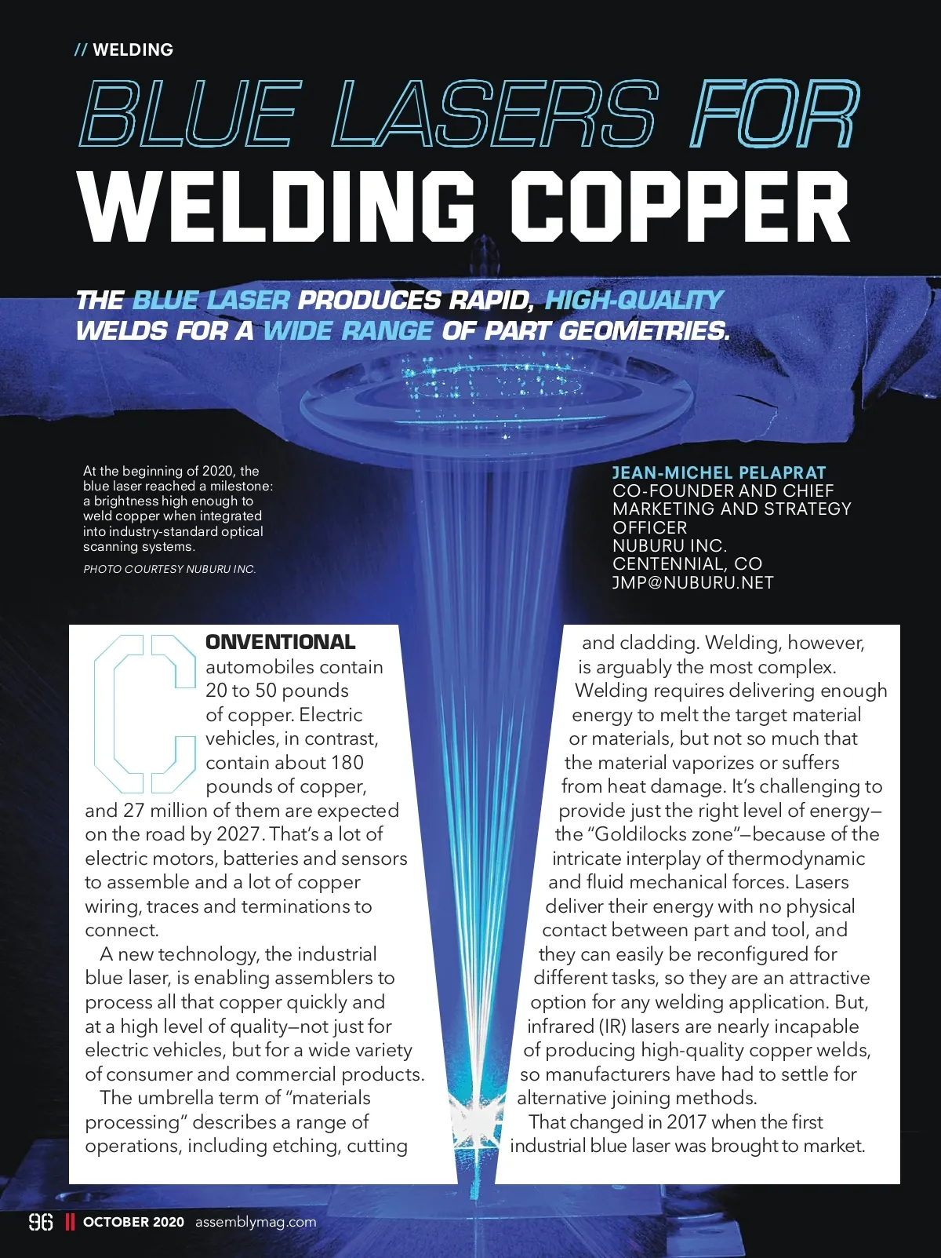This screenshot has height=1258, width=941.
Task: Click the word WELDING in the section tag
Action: click(133, 49)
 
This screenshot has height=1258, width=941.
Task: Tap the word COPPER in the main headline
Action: click(680, 208)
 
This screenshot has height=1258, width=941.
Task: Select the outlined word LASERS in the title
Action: click(495, 115)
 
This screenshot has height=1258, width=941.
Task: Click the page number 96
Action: click(41, 1222)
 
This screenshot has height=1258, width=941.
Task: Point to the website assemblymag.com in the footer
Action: click(256, 1222)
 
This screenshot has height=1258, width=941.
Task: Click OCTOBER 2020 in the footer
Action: click(133, 1222)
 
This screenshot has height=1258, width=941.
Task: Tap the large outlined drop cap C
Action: click(144, 713)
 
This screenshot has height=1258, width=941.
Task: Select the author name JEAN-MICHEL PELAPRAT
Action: click(718, 472)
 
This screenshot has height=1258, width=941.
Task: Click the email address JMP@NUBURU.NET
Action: click(692, 582)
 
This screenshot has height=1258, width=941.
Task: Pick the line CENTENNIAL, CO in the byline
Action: click(687, 563)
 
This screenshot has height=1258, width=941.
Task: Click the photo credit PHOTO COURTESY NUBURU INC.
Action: click(169, 569)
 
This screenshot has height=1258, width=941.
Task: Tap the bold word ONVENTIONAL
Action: click(280, 642)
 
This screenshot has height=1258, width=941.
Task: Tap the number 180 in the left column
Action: click(347, 763)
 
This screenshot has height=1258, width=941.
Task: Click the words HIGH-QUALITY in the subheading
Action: click(634, 300)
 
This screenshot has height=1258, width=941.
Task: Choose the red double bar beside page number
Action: click(70, 1222)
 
